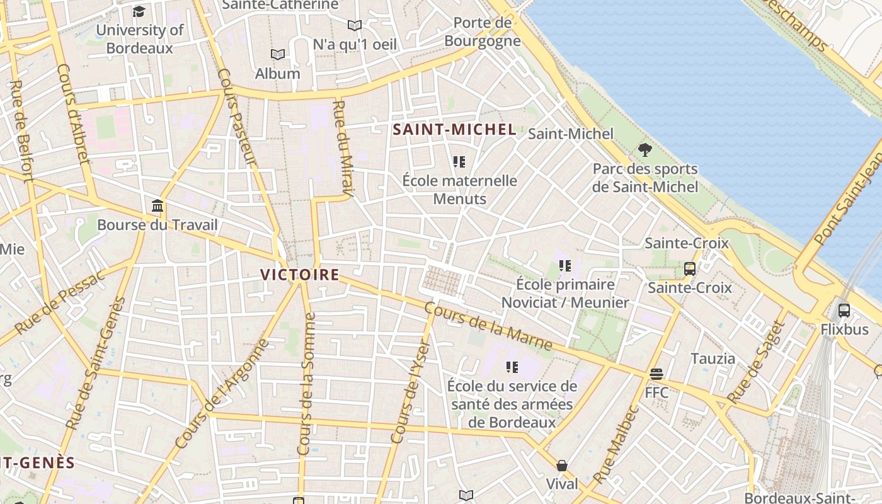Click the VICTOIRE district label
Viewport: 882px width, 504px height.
coord(300,275)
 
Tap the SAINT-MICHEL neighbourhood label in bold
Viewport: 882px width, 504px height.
coord(454,130)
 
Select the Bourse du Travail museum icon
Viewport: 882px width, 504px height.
coord(157,206)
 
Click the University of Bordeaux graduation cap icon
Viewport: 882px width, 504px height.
coord(139,11)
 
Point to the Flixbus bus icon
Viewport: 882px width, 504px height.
coord(844,310)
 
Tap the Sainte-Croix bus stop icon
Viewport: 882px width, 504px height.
coord(690,269)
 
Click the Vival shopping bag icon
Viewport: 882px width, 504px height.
coord(561,466)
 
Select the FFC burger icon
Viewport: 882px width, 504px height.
coord(656,374)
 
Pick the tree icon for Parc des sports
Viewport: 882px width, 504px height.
coord(644,150)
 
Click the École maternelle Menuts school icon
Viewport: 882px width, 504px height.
coord(459,162)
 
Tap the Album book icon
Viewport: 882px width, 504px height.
coord(277,55)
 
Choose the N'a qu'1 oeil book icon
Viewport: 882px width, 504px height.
coord(355,26)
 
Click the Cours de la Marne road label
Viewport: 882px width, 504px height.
coord(488,327)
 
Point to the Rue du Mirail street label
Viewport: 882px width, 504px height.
coord(343,147)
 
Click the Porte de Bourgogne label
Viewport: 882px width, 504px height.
coord(483,31)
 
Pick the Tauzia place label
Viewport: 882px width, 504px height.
coord(713,358)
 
